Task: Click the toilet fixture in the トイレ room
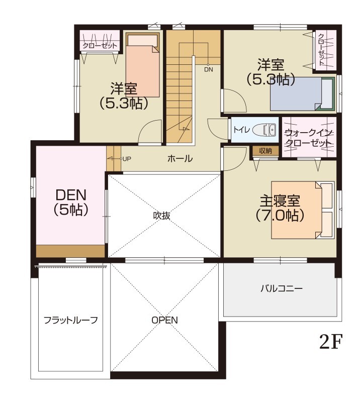tap(265, 130)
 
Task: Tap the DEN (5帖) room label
tap(71, 202)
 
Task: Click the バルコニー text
tap(281, 289)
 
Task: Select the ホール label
tap(179, 159)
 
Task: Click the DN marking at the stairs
tap(209, 70)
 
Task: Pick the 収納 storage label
tap(265, 150)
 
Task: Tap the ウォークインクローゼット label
tap(308, 138)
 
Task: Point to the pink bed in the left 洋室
tap(142, 66)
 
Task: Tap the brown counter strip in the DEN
tap(70, 251)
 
